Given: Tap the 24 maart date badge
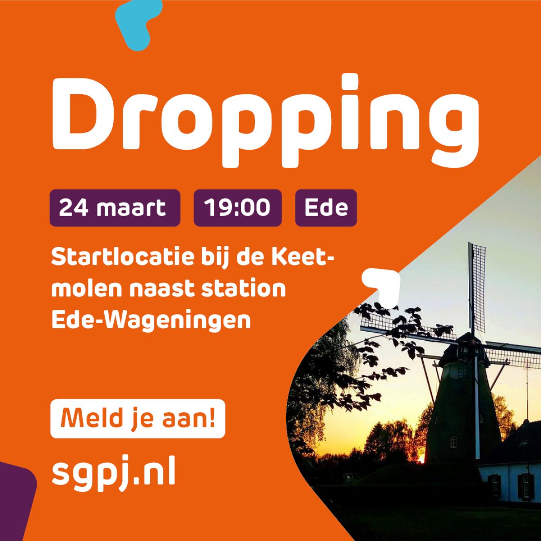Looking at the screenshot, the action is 115,208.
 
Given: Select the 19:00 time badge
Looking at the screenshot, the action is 238,208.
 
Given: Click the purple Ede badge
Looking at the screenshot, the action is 326,208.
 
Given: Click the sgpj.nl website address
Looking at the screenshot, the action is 114,474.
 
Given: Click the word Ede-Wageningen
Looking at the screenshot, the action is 151,320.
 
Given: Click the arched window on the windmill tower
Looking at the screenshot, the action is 453,440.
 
